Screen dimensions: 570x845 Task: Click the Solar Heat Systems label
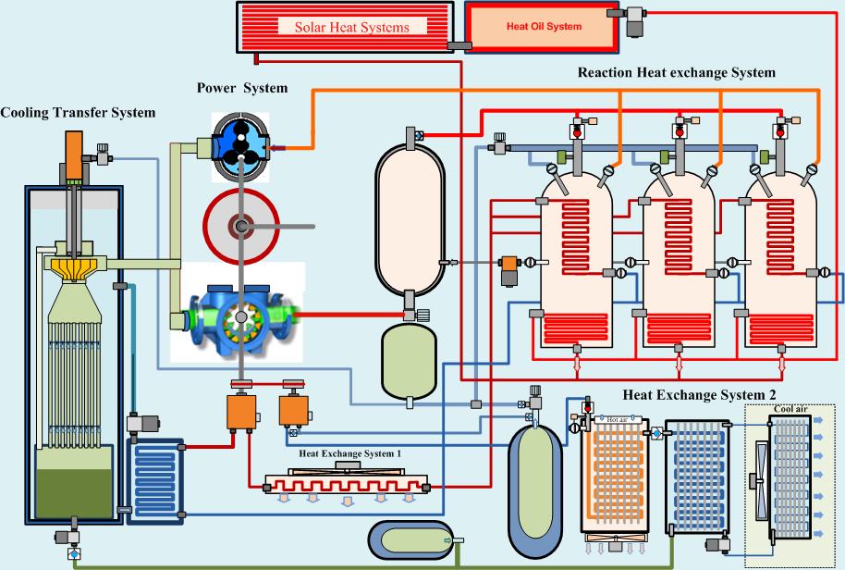click(351, 27)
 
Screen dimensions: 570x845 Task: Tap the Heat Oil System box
click(543, 27)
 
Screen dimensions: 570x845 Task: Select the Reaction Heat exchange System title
click(676, 72)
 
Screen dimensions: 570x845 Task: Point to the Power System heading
click(242, 88)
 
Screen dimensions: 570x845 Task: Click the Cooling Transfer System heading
click(78, 113)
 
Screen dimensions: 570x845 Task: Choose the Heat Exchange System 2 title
click(699, 395)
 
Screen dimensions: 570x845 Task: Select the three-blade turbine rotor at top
click(241, 143)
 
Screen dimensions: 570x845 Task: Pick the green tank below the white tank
click(409, 359)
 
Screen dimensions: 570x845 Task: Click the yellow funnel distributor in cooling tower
click(70, 267)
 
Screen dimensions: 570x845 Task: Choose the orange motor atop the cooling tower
click(72, 155)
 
